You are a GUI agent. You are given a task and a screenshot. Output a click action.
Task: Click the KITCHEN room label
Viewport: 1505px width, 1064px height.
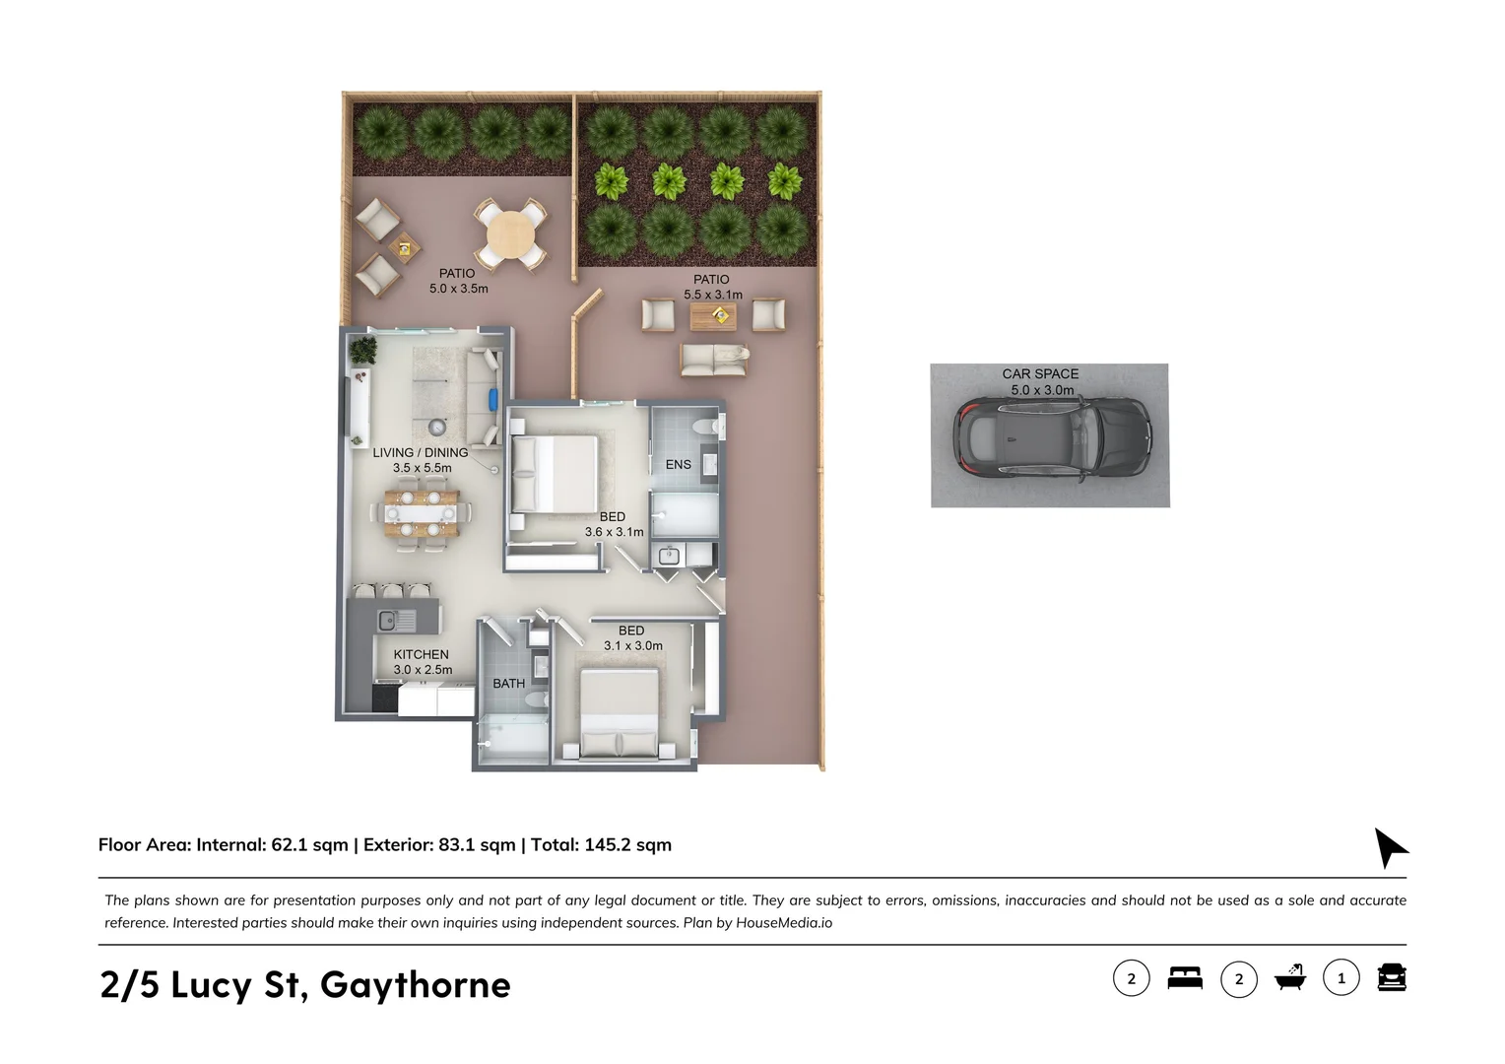[x=421, y=654]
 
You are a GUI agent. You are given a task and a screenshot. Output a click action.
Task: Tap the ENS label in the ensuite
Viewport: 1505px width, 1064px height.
[x=678, y=464]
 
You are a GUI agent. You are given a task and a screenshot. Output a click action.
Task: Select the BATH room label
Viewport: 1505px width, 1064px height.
[x=508, y=683]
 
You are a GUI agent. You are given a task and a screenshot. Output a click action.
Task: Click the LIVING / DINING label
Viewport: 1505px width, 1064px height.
[x=421, y=453]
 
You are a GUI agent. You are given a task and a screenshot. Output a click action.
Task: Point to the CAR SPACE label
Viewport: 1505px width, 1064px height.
[x=1040, y=373]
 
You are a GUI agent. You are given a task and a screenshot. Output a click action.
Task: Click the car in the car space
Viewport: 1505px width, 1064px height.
[x=1052, y=438]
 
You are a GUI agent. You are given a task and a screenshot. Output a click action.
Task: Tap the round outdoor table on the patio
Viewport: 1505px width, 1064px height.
[x=510, y=235]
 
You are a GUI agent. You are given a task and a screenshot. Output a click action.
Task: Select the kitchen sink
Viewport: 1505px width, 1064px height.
[x=388, y=621]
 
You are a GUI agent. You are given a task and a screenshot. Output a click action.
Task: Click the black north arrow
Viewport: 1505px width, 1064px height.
[x=1389, y=846]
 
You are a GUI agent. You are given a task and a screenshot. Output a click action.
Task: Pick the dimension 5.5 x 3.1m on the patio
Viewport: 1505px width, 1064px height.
[x=713, y=295]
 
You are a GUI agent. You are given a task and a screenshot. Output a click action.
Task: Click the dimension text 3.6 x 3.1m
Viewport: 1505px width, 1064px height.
[x=614, y=532]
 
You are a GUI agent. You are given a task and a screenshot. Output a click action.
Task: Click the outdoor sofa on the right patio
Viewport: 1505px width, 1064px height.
[x=713, y=360]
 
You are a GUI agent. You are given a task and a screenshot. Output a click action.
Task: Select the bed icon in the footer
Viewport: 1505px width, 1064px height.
[x=1185, y=978]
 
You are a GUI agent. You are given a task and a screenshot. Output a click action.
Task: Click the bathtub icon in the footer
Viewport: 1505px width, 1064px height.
[x=1289, y=977]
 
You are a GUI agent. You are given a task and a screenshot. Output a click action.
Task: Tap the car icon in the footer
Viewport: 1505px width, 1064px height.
[x=1391, y=977]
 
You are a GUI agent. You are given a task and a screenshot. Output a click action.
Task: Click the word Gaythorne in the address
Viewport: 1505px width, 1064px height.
[x=415, y=985]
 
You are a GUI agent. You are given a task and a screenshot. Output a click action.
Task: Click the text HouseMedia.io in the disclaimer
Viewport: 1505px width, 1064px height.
[x=784, y=923]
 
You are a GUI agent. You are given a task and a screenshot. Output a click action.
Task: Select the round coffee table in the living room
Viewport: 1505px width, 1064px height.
[x=436, y=427]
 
